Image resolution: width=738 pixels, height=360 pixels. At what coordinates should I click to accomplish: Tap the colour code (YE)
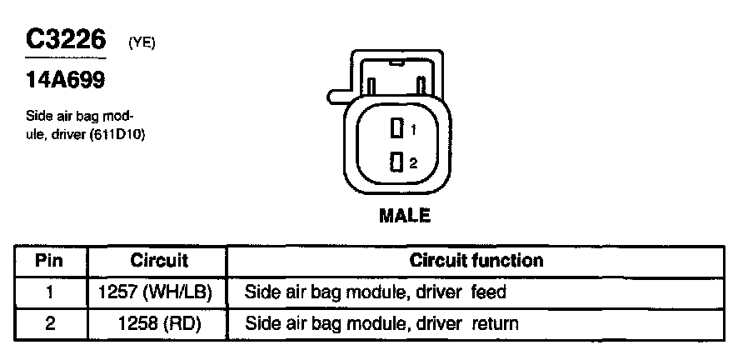[142, 44]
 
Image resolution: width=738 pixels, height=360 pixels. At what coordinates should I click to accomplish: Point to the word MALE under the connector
[405, 215]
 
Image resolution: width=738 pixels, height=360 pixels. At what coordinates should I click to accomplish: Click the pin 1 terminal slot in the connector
[396, 129]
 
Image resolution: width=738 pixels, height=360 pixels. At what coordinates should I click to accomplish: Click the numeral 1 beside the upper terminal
[412, 130]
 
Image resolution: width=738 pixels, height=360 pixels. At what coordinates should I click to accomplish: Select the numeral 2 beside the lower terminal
[412, 161]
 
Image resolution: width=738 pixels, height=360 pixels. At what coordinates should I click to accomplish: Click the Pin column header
[50, 261]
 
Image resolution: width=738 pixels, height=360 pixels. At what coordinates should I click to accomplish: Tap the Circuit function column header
[476, 261]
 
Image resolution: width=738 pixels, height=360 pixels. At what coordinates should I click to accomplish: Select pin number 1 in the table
[50, 292]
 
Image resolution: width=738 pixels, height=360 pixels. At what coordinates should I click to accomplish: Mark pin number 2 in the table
[50, 322]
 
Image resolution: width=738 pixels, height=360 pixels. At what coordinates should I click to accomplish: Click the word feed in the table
[489, 292]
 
